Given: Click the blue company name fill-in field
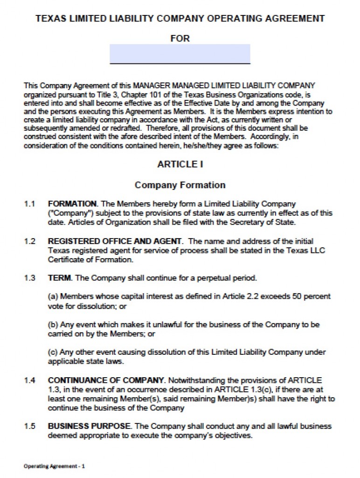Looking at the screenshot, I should click(180, 53).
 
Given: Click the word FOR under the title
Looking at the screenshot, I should click(180, 38).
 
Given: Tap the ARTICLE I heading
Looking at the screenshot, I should click(180, 164).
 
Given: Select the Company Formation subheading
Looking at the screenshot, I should click(180, 185).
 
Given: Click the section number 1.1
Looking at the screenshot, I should click(30, 204).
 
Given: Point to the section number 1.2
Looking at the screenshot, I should click(30, 241).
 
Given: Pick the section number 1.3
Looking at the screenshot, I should click(30, 278).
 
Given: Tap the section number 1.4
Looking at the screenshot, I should click(30, 380).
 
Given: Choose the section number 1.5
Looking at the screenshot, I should click(30, 426).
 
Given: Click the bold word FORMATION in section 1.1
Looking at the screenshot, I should click(72, 204).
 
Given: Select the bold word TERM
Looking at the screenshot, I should click(59, 278).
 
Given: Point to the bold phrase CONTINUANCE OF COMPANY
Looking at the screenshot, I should click(106, 380).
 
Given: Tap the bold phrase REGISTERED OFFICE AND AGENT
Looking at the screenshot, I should click(115, 241).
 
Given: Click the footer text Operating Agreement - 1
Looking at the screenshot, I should click(54, 466).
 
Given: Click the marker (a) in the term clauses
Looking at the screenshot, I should click(53, 296).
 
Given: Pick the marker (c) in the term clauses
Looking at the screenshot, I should click(53, 352).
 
